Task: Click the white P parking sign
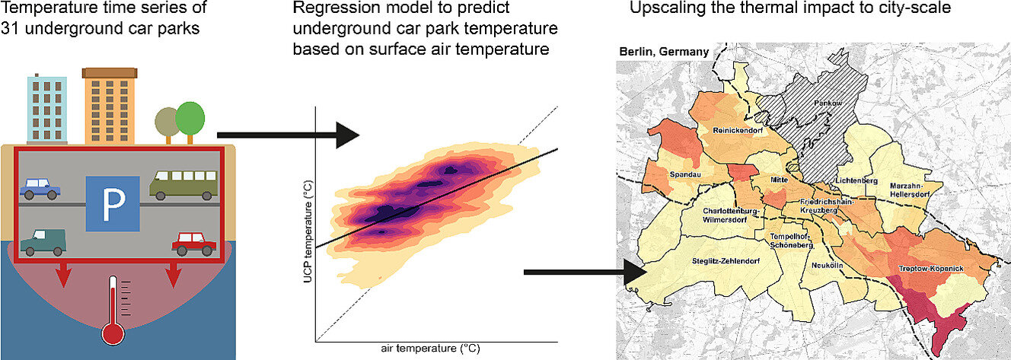113,203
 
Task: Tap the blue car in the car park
40,189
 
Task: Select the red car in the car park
194,244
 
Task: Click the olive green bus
183,185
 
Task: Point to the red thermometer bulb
113,335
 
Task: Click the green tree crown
190,118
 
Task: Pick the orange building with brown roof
110,106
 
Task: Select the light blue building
47,109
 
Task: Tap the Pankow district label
828,104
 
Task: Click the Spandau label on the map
685,174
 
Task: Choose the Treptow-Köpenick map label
930,269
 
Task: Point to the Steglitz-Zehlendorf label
726,261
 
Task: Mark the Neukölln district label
828,266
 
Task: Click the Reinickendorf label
738,130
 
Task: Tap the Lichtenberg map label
856,180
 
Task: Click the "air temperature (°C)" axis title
431,349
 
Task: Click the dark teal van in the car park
43,242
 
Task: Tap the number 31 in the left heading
11,28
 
